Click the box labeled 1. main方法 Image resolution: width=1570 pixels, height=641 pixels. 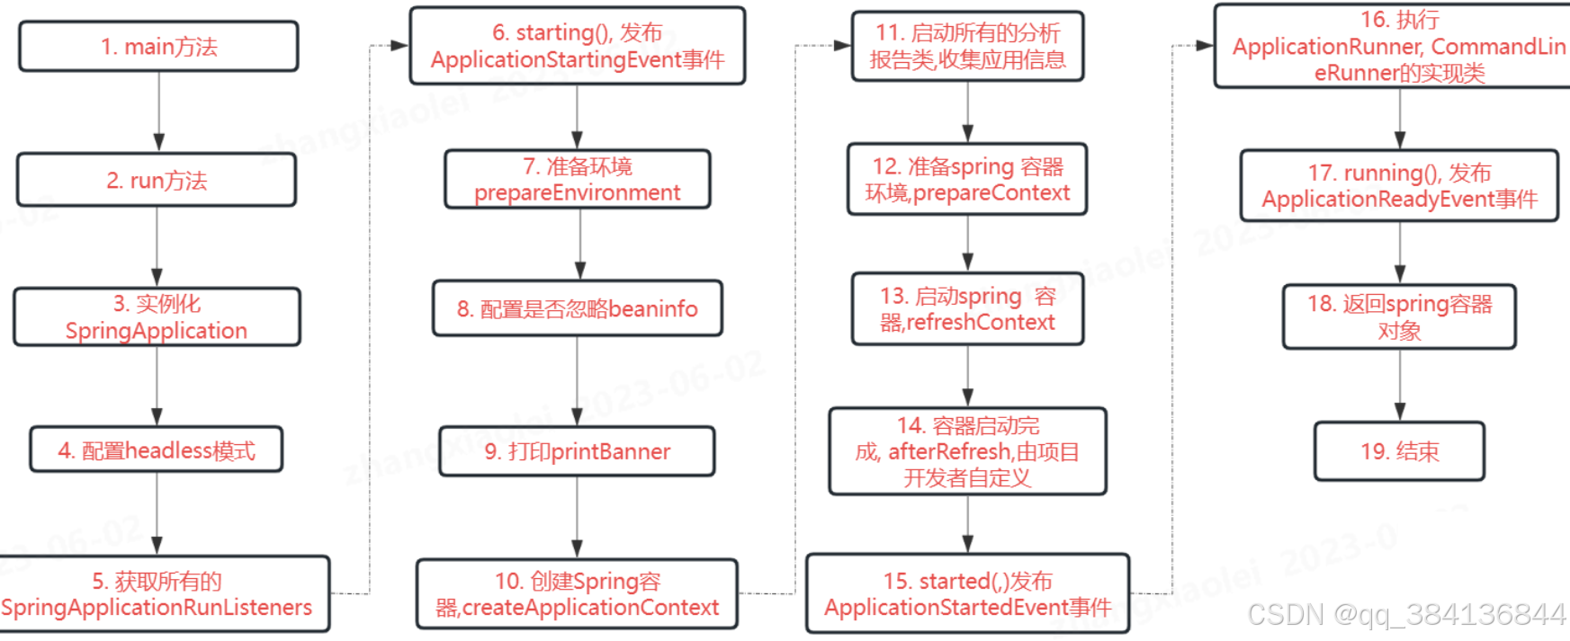158,47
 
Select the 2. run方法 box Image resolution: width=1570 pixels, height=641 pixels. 157,181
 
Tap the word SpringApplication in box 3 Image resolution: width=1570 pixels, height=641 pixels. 157,331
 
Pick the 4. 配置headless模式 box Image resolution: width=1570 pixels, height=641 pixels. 157,450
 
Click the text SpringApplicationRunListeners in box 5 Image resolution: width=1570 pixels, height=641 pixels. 157,608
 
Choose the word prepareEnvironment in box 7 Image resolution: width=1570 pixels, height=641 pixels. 578,193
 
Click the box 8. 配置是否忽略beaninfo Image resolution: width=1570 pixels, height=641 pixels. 578,309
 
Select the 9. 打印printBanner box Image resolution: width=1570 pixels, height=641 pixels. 578,451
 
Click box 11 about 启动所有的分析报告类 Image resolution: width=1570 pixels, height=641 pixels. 968,47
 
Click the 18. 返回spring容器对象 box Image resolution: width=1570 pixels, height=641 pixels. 1400,317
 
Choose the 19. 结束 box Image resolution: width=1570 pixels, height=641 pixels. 1400,451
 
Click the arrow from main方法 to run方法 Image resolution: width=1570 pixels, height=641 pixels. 159,111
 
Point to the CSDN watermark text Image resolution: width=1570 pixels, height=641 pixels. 1405,615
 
